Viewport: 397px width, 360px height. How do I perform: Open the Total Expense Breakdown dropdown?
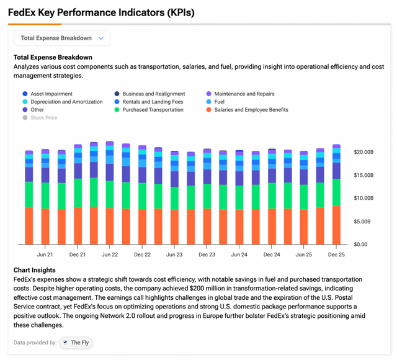62,38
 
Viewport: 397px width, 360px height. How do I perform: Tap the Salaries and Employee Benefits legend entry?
251,110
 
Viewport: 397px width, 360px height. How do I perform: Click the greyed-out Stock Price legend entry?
43,117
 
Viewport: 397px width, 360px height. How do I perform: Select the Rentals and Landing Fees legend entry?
152,102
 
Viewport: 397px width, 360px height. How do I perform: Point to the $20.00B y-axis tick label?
363,152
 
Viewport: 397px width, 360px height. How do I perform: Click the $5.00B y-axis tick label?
364,221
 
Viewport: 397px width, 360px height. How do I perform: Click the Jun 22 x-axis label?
110,254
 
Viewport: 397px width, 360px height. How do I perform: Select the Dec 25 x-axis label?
336,254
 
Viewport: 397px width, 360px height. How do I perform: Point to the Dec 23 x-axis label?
207,254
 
